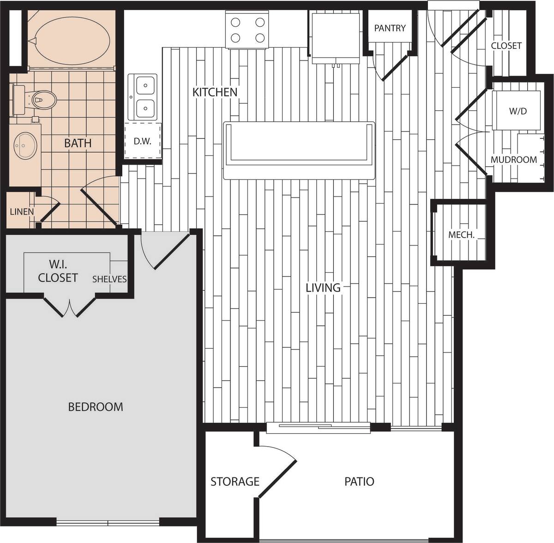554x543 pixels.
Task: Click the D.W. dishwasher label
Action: tap(143, 142)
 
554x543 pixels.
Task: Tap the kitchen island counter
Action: tap(299, 150)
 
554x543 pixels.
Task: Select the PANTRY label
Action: tap(390, 28)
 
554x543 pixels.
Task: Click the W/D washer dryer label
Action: tap(518, 111)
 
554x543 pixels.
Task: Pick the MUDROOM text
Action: tap(514, 160)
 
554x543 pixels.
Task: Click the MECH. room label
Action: tap(461, 235)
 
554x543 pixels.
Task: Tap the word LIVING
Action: tap(323, 288)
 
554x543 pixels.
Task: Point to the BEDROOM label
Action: tap(96, 407)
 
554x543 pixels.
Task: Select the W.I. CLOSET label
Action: tap(58, 272)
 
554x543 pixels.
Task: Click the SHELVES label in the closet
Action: tap(109, 279)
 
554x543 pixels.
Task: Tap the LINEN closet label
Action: tap(22, 212)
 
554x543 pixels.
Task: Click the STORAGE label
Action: tap(235, 482)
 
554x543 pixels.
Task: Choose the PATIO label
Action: tap(359, 482)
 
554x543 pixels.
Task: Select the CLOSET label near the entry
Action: tap(506, 46)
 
